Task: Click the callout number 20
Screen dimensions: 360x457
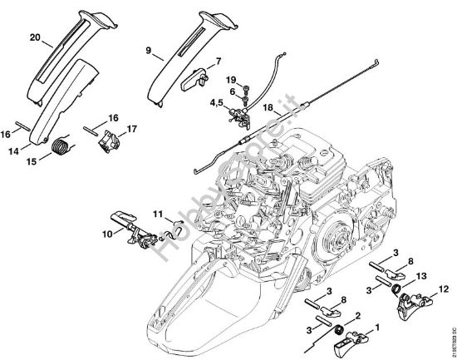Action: click(34, 37)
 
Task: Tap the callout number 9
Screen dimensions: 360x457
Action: click(147, 50)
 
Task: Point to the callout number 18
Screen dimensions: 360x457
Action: click(268, 107)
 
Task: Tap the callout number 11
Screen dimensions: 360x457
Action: click(156, 215)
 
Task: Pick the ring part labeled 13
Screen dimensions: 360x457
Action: click(399, 291)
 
